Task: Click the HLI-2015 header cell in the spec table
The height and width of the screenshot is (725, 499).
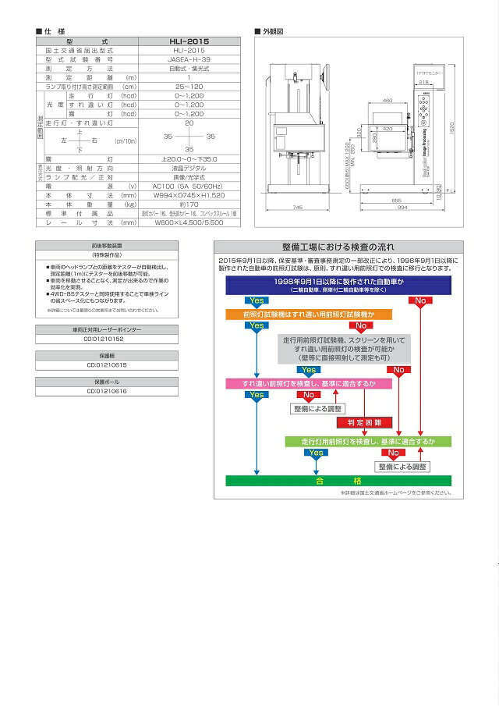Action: coord(189,41)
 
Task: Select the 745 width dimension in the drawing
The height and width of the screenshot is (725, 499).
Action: coord(297,208)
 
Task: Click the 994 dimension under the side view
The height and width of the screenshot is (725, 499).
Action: coord(401,208)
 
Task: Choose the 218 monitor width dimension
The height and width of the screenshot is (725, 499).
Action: coord(423,80)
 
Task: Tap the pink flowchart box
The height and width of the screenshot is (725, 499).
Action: coord(308,384)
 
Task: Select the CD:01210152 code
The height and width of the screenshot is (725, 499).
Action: coord(104,339)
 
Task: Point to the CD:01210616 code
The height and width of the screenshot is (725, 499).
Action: coord(104,391)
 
